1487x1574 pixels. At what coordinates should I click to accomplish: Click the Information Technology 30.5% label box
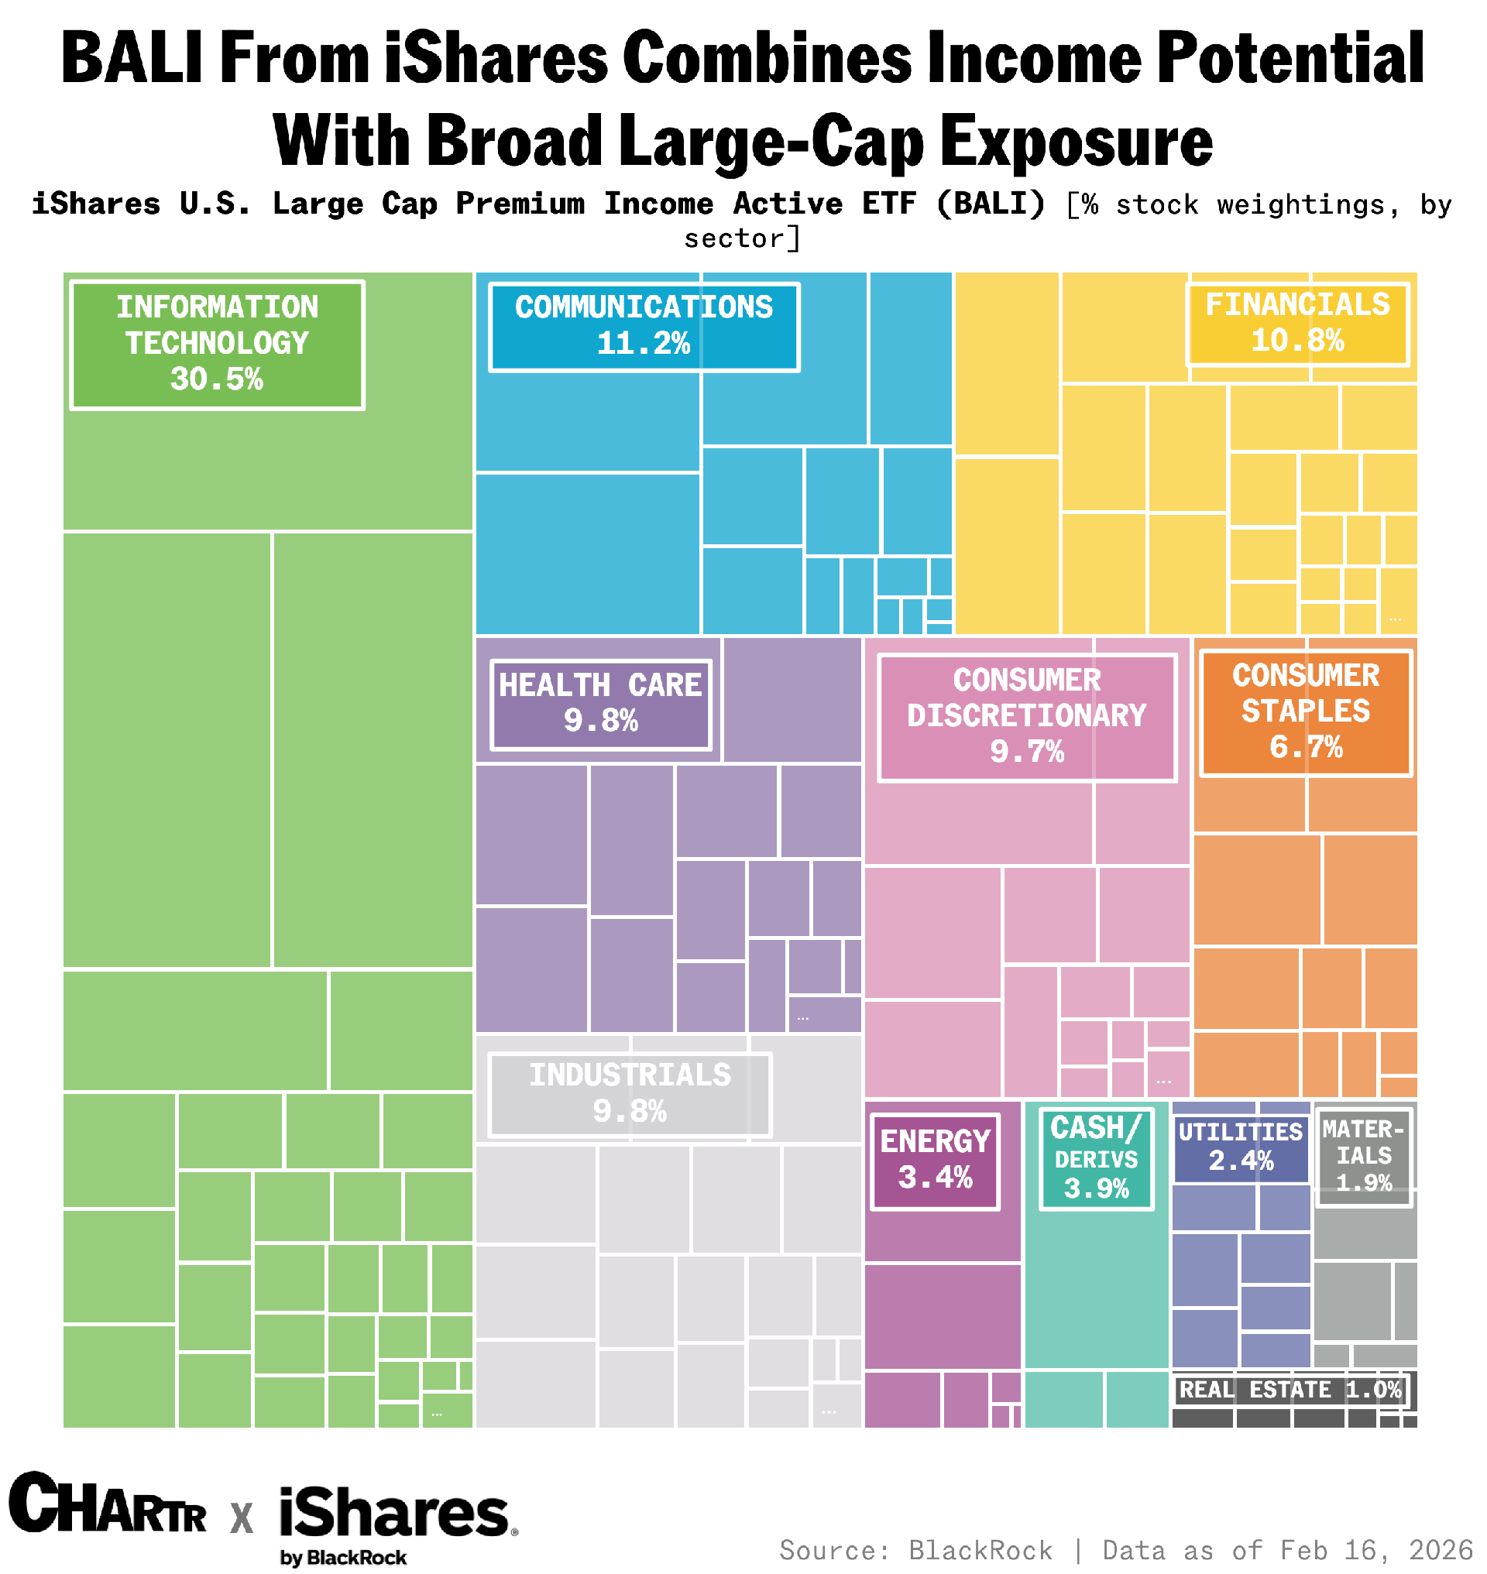[217, 345]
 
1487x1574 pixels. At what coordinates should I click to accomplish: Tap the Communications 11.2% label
[644, 327]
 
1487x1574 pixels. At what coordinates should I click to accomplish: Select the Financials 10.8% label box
[1297, 324]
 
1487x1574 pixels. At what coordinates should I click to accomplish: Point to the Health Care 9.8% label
[601, 704]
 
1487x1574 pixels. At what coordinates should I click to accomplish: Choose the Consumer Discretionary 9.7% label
[1026, 717]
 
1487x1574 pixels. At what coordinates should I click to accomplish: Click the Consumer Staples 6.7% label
[1306, 712]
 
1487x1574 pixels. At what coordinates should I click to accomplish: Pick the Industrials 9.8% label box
[630, 1095]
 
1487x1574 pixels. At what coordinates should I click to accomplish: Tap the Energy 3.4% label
[936, 1161]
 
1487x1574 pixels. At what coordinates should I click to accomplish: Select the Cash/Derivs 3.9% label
[1096, 1159]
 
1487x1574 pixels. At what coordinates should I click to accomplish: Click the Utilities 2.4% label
[1241, 1147]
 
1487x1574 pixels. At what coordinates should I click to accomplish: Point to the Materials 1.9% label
[1363, 1157]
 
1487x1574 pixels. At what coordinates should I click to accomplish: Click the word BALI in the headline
[132, 57]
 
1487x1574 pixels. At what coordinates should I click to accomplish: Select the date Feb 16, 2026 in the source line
[1376, 1550]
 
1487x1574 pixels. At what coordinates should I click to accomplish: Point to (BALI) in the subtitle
[991, 204]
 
